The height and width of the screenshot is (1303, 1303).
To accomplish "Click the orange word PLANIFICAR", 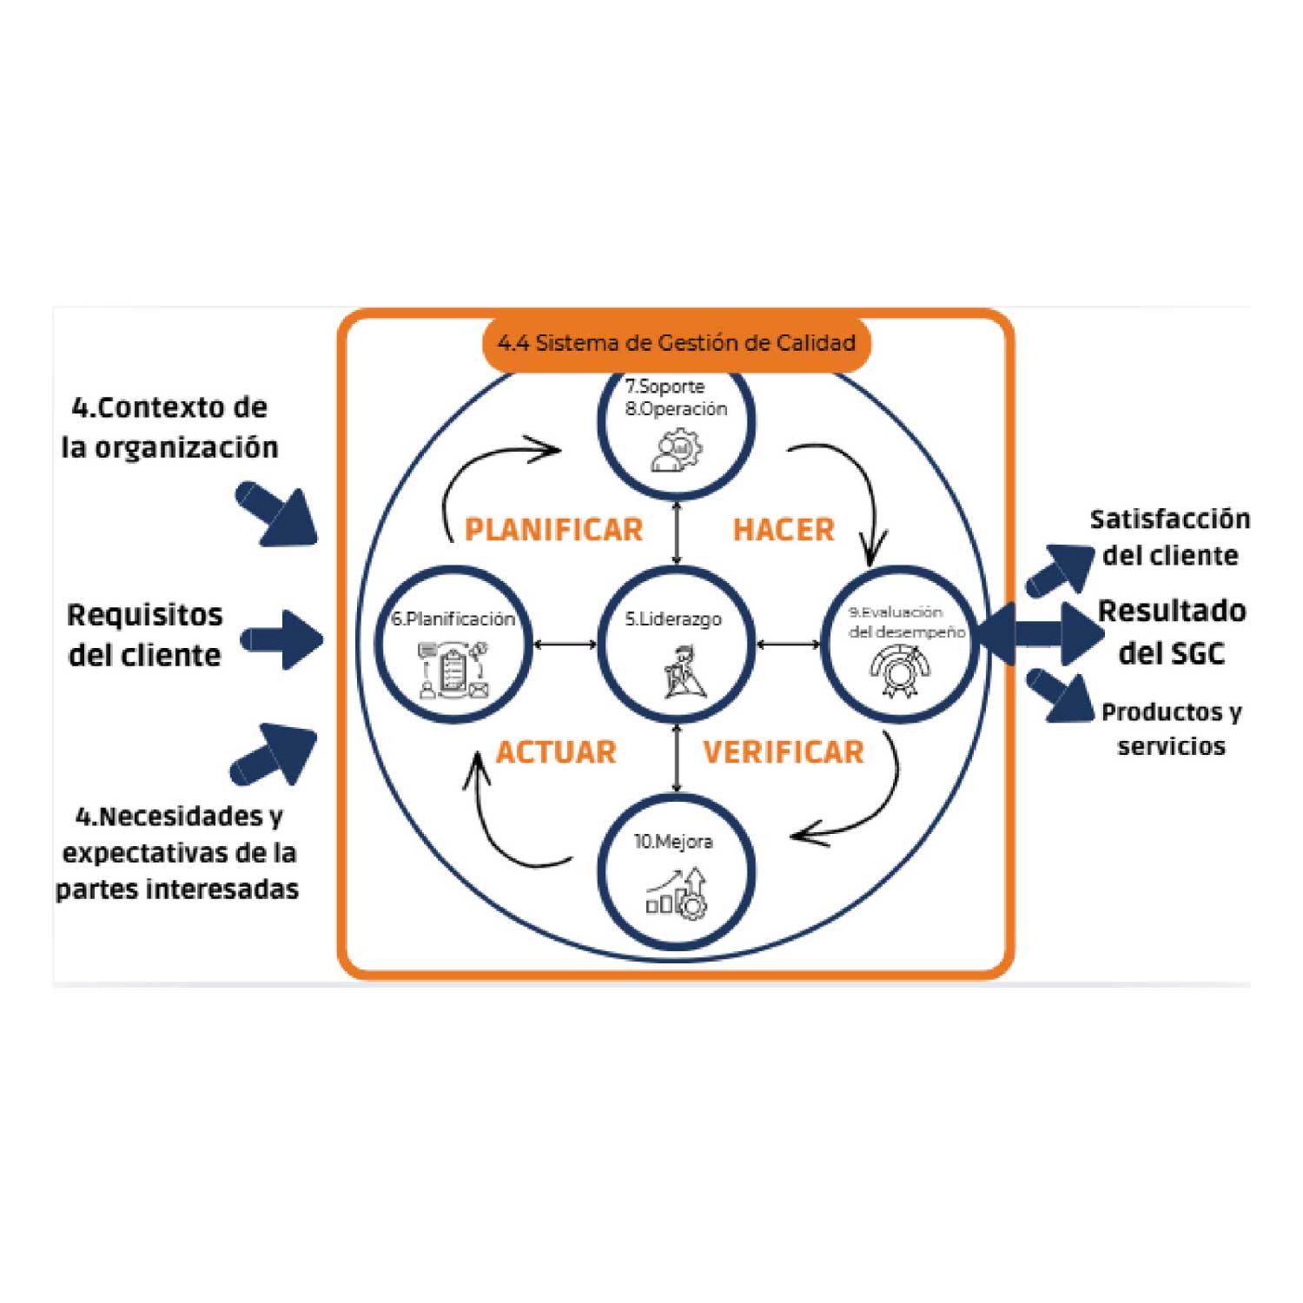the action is click(553, 529).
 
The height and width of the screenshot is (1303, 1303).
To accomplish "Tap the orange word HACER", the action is click(784, 529).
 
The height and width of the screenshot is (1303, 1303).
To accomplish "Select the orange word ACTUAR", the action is click(556, 751).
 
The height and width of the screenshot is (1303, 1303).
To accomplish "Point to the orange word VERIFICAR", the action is click(784, 751).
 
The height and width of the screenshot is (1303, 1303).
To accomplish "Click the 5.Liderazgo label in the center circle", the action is click(673, 619).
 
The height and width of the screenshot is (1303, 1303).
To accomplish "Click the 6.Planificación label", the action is click(453, 618).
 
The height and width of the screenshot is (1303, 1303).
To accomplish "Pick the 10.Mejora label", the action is click(673, 841).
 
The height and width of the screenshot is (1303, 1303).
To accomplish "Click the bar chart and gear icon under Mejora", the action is click(677, 894).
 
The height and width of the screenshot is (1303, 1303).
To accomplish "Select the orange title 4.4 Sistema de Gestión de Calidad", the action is click(676, 342).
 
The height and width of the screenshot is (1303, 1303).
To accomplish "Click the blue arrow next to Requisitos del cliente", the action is click(281, 640).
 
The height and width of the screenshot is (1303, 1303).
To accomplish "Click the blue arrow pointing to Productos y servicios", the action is click(1059, 696).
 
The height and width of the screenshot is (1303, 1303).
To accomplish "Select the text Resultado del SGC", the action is click(1172, 632).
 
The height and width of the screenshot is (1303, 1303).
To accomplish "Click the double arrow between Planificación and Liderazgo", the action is click(566, 644).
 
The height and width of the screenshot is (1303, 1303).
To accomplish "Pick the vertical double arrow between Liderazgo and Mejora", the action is click(677, 757).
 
